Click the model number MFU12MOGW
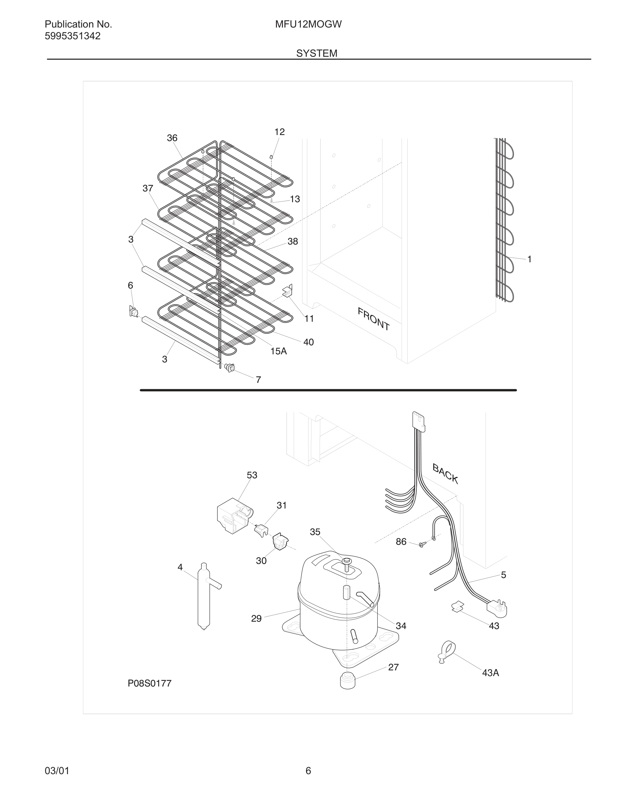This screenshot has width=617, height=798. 308,25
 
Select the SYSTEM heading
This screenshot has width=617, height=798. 317,53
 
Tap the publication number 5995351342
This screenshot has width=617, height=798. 72,36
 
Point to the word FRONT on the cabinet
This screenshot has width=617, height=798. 373,319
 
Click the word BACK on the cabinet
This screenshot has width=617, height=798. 445,473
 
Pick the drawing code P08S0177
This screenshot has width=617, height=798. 149,683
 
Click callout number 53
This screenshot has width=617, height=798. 252,475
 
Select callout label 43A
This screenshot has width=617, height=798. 490,673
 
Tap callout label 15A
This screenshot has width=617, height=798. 278,351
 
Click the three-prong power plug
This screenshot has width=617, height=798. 497,608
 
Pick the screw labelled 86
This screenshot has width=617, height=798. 422,544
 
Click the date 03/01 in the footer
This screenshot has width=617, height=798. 57,770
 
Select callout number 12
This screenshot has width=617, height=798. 279,132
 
